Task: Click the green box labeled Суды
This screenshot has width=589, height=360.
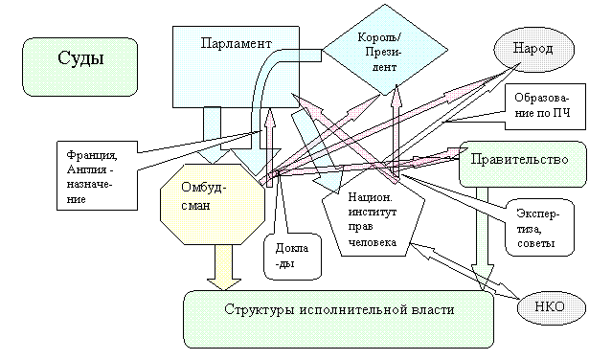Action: pos(80,67)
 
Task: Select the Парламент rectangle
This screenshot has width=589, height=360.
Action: pos(236,67)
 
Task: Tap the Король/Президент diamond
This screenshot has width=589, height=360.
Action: pos(385,50)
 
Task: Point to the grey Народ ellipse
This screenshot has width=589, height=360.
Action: pos(533,49)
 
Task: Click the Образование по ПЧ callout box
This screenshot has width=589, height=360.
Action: pos(545,106)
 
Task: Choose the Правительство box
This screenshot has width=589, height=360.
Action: pos(523,164)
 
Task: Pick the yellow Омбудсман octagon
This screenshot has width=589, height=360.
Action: pos(213,204)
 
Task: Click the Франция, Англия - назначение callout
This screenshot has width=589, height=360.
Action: pos(97,175)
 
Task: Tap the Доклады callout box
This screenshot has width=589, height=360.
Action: pos(293,257)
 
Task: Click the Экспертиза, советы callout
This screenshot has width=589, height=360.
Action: pos(540,228)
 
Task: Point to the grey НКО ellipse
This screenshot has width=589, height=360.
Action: pos(552,308)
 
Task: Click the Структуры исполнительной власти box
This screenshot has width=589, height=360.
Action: pos(338,319)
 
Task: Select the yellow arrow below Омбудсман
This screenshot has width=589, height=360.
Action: pos(224,268)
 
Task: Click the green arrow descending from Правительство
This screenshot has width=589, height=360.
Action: pos(483,238)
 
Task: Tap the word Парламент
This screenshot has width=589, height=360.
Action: pos(236,43)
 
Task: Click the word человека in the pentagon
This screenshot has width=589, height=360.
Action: pos(373,242)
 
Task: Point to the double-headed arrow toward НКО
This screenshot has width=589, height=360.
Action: pos(464,271)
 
